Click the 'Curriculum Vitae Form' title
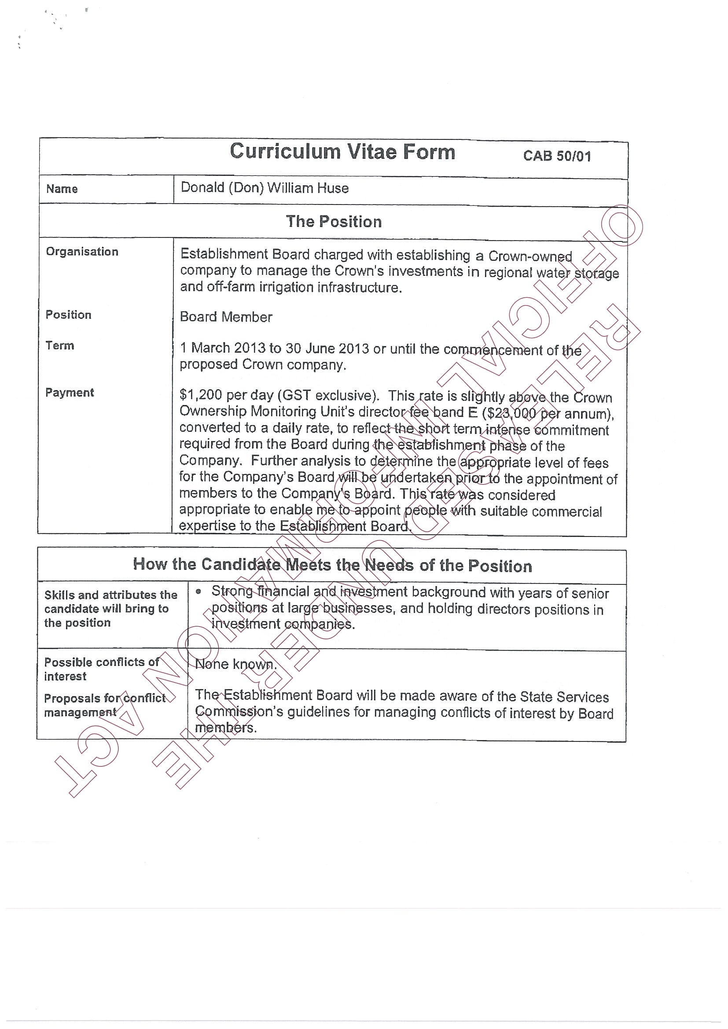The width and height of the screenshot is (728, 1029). (x=342, y=152)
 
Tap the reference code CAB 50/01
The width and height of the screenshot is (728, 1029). (x=557, y=156)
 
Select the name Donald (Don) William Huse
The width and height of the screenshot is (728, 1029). (x=265, y=188)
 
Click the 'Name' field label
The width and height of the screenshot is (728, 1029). (x=62, y=189)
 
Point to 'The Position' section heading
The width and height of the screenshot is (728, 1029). (x=334, y=221)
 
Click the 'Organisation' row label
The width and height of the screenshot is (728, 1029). (x=82, y=252)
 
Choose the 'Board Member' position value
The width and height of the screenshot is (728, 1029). (x=226, y=317)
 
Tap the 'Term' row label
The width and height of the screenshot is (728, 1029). (x=60, y=346)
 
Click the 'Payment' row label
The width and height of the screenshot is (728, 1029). (x=70, y=393)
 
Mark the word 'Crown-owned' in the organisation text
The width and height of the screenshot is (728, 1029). (x=530, y=256)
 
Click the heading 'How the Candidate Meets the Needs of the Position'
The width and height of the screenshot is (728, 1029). (x=332, y=565)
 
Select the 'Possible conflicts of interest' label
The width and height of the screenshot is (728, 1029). (x=101, y=669)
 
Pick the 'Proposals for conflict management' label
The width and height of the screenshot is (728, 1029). (x=105, y=705)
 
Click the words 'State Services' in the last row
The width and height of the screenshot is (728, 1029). (x=564, y=697)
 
